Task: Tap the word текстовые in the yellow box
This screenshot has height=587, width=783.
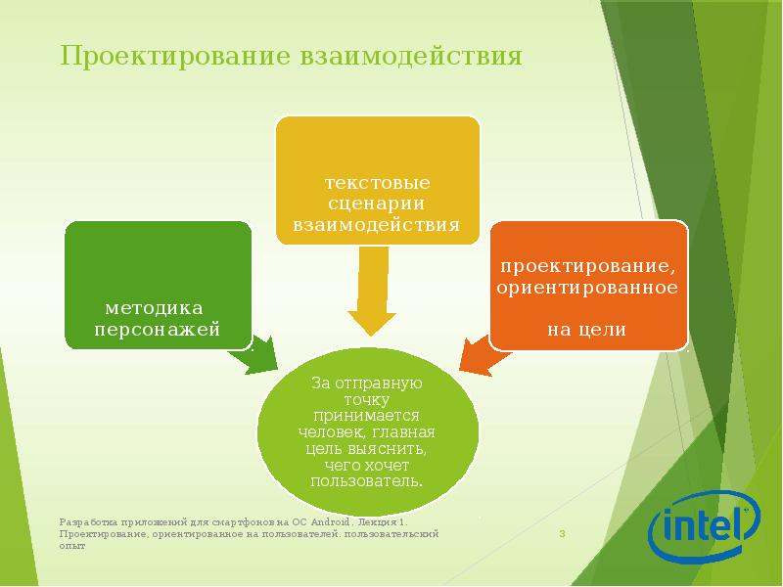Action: point(378,183)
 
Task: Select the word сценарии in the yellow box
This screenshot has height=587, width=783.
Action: point(378,204)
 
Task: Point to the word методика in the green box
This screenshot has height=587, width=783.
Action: point(157,306)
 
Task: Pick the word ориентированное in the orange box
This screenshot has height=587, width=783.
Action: point(587,289)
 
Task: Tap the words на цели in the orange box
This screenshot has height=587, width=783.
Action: point(586,330)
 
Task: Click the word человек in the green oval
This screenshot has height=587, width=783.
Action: point(331,431)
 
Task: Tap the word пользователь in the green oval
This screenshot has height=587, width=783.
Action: point(367,480)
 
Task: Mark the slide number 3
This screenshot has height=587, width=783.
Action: point(563,534)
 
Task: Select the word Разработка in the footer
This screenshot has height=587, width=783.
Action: point(85,523)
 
